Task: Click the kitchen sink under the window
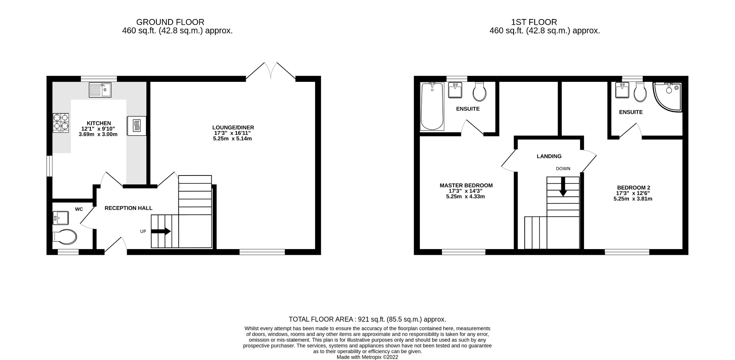click(x=100, y=90)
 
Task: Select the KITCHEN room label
click(x=99, y=123)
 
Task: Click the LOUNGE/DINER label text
click(x=233, y=127)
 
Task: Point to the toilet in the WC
click(x=65, y=237)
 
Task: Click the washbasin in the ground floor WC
click(x=60, y=218)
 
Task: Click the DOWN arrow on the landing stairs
click(x=563, y=187)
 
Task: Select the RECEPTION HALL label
click(x=128, y=208)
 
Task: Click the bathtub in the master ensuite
click(x=432, y=106)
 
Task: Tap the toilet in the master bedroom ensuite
click(x=479, y=92)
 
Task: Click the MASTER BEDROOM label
click(x=466, y=186)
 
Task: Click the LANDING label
click(x=549, y=156)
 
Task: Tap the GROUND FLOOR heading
click(x=170, y=22)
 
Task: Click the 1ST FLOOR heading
click(x=534, y=22)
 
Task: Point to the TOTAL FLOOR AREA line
click(x=367, y=319)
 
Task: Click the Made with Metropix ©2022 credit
click(x=367, y=357)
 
